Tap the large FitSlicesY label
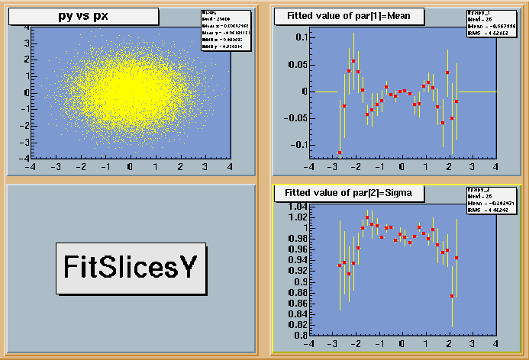[x=131, y=268]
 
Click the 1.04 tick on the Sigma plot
[x=295, y=207]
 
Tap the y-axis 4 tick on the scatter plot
[x=27, y=27]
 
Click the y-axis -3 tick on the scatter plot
[x=25, y=143]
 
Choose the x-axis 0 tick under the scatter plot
[x=130, y=166]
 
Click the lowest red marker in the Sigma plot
[x=452, y=296]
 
